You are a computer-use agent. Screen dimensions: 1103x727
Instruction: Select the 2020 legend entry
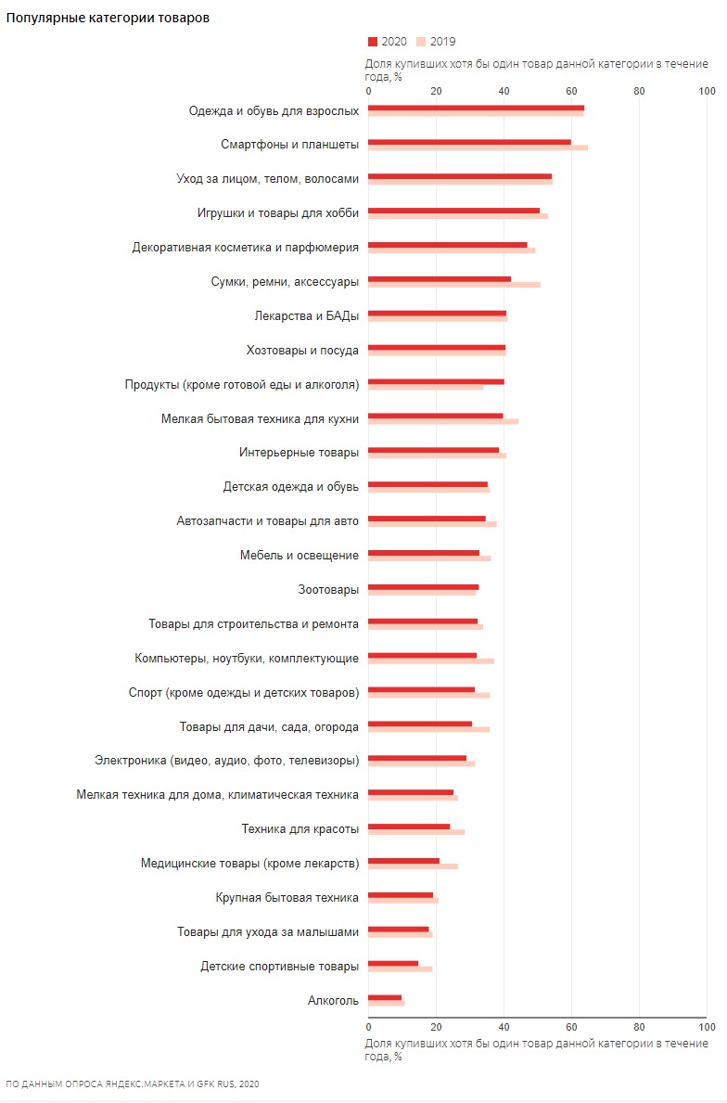(x=388, y=42)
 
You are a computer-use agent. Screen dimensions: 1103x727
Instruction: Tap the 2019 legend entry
(x=436, y=42)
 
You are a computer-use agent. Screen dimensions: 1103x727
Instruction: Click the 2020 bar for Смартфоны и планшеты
(x=469, y=142)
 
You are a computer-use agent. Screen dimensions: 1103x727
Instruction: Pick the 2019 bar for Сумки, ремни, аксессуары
(x=453, y=284)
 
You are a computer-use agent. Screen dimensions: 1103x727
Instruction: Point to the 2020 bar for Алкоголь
(x=385, y=997)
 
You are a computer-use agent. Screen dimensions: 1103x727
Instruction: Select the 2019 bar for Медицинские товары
(x=413, y=866)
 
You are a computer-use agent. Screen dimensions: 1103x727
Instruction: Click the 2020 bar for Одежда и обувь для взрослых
(x=476, y=108)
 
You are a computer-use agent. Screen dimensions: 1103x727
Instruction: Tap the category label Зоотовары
(x=328, y=589)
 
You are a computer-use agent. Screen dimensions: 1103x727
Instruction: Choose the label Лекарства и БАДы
(x=306, y=315)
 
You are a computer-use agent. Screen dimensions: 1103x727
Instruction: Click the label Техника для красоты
(x=300, y=828)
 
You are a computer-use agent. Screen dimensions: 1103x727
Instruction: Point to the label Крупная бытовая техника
(x=287, y=897)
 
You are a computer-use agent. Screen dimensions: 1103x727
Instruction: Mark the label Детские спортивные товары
(x=279, y=966)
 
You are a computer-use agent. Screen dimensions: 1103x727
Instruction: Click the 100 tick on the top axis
(x=707, y=91)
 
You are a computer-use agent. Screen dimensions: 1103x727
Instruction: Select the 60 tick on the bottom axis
(x=571, y=1027)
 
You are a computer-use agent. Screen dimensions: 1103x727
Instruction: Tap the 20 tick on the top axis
(x=436, y=91)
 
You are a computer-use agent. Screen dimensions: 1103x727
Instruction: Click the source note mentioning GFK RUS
(x=133, y=1083)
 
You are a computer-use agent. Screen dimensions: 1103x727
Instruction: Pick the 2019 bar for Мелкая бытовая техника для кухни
(x=443, y=421)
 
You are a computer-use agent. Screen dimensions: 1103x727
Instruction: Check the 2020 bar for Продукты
(x=436, y=381)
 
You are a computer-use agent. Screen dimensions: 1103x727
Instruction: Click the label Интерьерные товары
(x=299, y=453)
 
